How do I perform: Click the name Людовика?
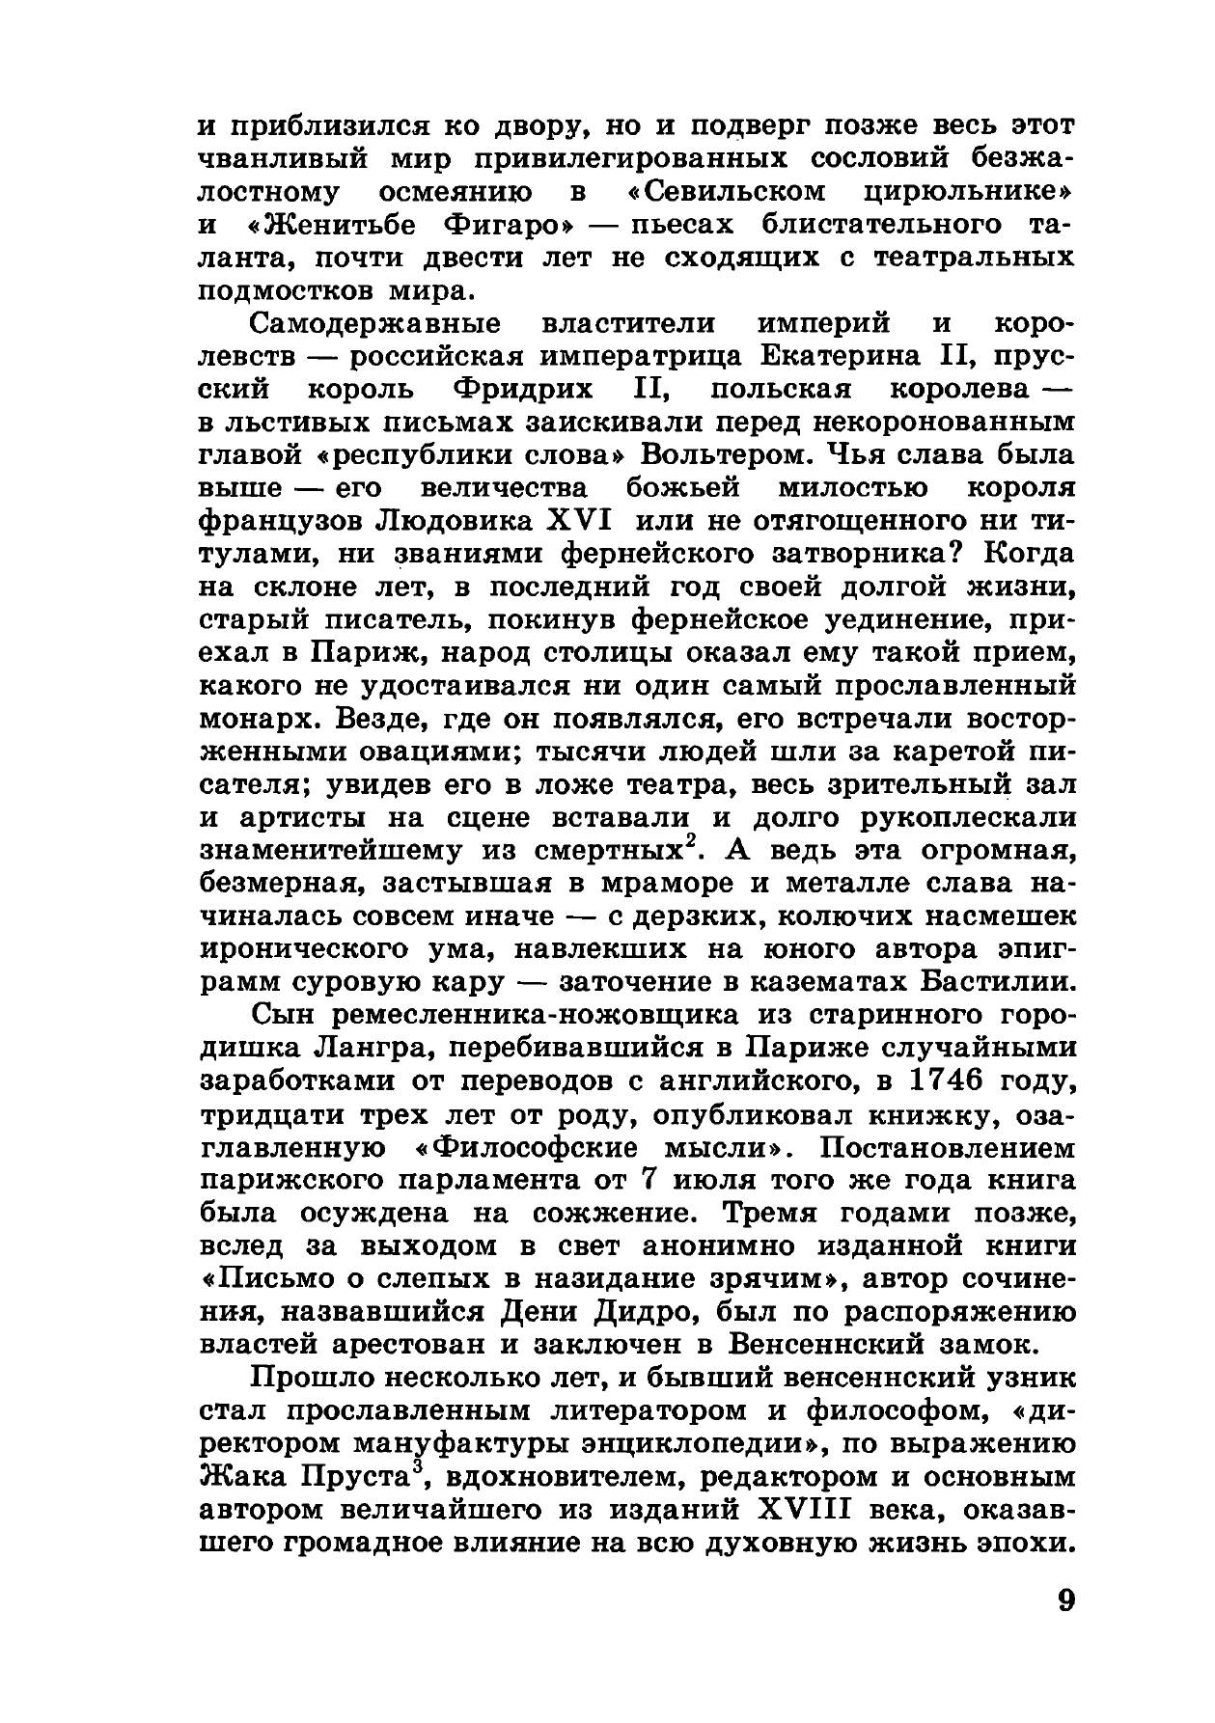(x=455, y=520)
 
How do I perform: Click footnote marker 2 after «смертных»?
(x=705, y=842)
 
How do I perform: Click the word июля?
(x=698, y=1180)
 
